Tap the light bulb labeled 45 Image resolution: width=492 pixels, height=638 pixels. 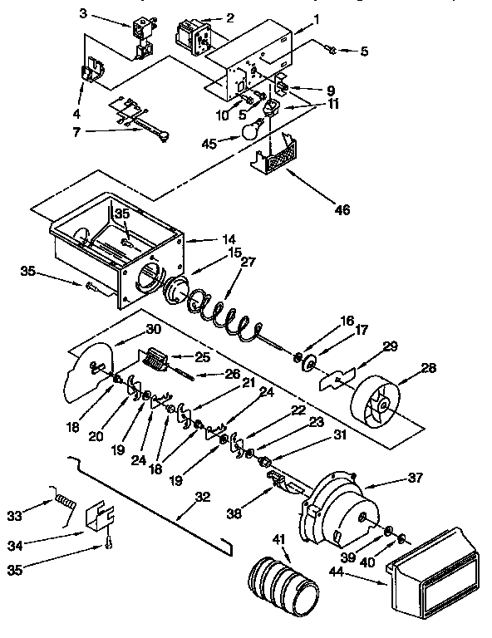(x=252, y=129)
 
